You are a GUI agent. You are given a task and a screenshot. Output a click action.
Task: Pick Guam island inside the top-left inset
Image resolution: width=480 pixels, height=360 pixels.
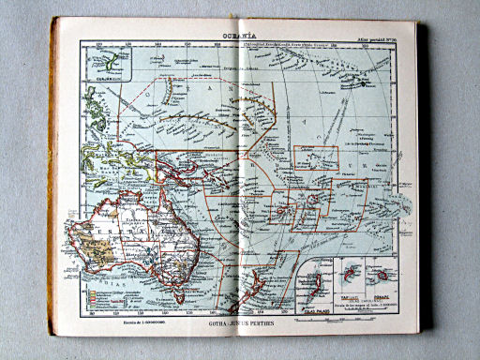[112, 62]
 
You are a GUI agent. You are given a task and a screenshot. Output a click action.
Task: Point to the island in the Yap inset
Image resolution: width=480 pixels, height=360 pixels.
[350, 273]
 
